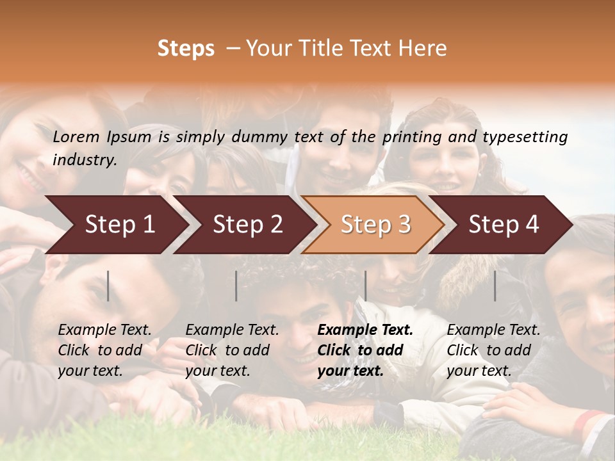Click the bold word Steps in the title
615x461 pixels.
point(186,49)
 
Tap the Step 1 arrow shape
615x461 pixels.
point(115,225)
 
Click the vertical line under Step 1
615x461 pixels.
point(108,286)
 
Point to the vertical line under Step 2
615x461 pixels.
point(236,286)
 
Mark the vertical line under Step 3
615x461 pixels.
point(365,286)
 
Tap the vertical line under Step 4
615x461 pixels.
point(495,286)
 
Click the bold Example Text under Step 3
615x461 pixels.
point(365,330)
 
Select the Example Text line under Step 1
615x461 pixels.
point(104,330)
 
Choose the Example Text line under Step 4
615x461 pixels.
point(493,330)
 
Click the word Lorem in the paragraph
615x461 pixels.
point(76,137)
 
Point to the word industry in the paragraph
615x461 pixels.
point(85,160)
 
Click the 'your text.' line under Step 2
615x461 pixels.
point(217,371)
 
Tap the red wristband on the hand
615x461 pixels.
point(587,422)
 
